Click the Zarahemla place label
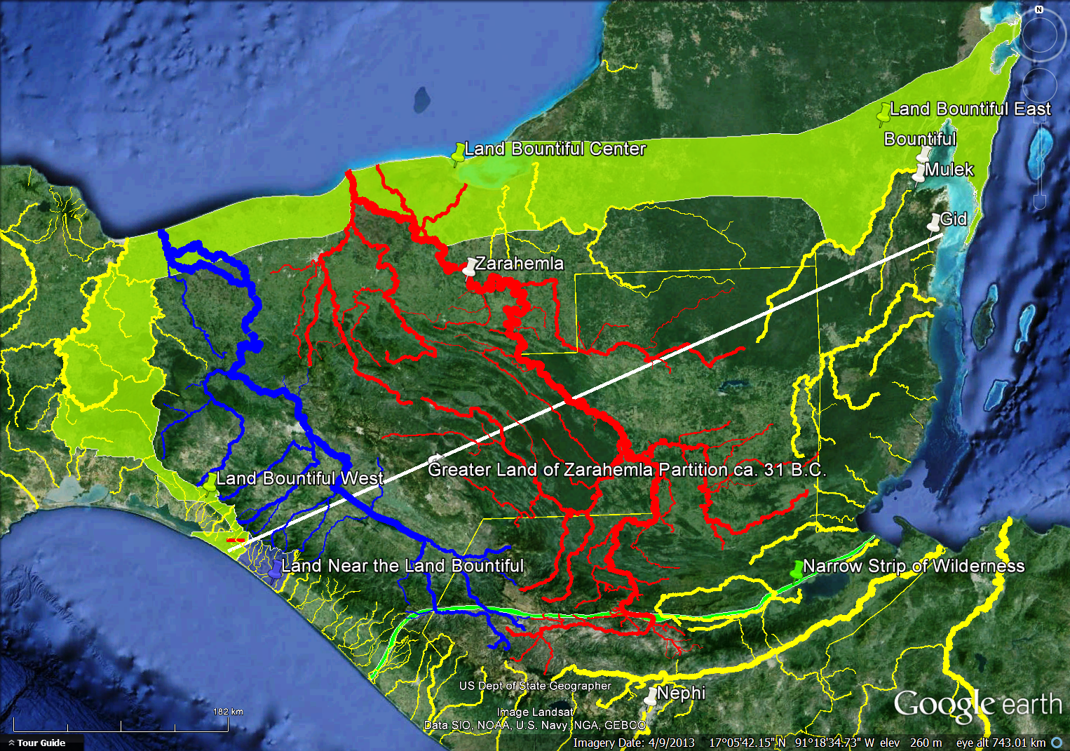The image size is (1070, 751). coord(520,264)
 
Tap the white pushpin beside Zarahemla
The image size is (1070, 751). coord(470,268)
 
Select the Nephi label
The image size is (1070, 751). coord(681,694)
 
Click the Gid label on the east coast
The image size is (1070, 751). coord(954,219)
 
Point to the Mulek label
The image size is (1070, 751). coord(949,170)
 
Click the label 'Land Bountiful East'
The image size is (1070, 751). coord(970,109)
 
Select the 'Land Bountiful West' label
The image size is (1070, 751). coord(299,478)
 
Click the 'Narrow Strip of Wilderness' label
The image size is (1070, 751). coord(914,566)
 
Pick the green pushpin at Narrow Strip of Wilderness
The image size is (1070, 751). coord(797,569)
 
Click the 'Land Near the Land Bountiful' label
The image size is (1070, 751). coord(402,566)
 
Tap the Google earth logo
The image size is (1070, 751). coord(977,704)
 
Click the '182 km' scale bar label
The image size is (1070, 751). coord(228,712)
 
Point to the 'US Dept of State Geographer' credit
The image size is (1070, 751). coord(535,686)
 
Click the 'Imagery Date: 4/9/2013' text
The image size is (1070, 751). coord(634,743)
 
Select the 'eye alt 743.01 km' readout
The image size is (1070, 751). coord(1001,743)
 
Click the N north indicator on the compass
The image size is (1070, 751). coord(1039,10)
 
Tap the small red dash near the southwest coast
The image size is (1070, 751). coord(236,541)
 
